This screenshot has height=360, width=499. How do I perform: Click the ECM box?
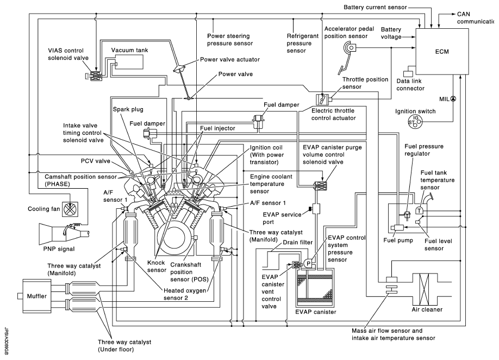tap(442, 52)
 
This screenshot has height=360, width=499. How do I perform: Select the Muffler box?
tap(36, 296)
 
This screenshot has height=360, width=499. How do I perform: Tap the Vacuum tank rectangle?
tap(129, 62)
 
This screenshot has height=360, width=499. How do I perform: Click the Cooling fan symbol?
tap(70, 209)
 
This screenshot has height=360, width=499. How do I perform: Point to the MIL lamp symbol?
tap(453, 99)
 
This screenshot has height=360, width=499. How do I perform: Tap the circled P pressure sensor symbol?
tap(309, 264)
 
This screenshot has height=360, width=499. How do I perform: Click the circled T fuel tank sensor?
tap(419, 210)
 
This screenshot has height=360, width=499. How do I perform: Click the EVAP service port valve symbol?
tap(315, 209)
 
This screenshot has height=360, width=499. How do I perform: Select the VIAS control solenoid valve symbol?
tap(95, 76)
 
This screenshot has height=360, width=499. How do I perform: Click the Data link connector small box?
tap(408, 73)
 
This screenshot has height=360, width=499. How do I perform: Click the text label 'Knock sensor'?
tap(157, 266)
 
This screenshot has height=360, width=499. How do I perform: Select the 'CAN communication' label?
tap(476, 18)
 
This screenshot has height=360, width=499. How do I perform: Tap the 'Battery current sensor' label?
tap(375, 7)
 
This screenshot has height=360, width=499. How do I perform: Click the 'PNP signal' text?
tap(59, 249)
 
